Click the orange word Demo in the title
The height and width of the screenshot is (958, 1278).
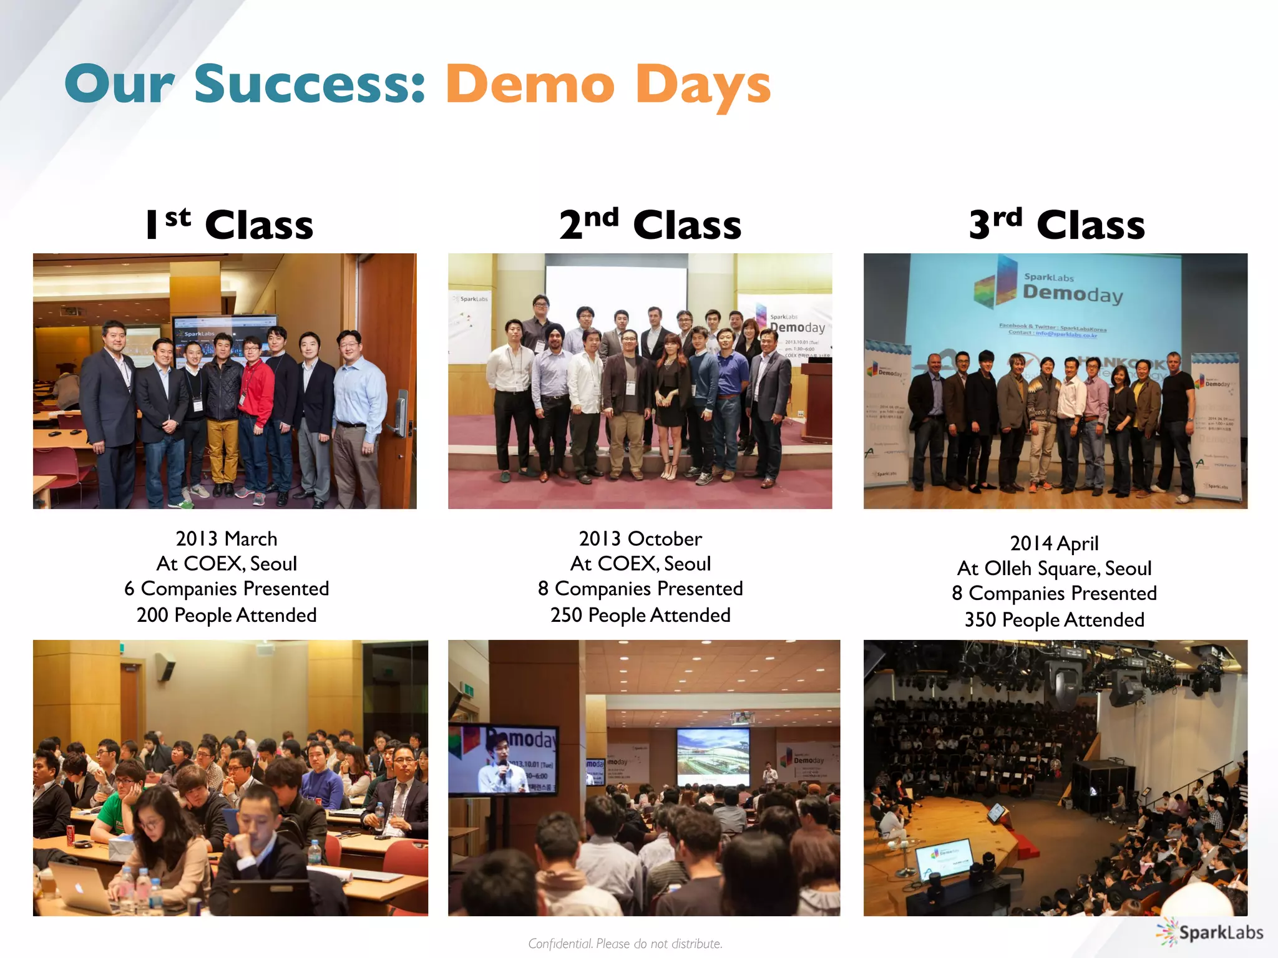530,85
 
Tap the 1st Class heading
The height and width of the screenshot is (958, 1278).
229,225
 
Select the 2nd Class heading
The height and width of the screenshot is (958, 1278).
650,225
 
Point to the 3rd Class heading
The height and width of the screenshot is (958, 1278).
1056,225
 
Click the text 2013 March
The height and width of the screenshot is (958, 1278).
226,539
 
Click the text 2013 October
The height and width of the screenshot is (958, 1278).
640,539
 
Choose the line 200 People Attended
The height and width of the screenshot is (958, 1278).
227,615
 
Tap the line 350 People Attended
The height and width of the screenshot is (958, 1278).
1054,620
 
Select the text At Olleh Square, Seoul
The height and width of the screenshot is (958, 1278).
1054,568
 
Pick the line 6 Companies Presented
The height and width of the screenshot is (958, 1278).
227,589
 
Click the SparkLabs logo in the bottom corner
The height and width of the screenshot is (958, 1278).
1210,932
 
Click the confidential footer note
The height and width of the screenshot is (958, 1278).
625,944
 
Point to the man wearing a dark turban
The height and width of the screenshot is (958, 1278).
552,374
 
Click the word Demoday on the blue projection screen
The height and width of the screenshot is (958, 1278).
1072,293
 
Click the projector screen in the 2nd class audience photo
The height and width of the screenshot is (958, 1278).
713,757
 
